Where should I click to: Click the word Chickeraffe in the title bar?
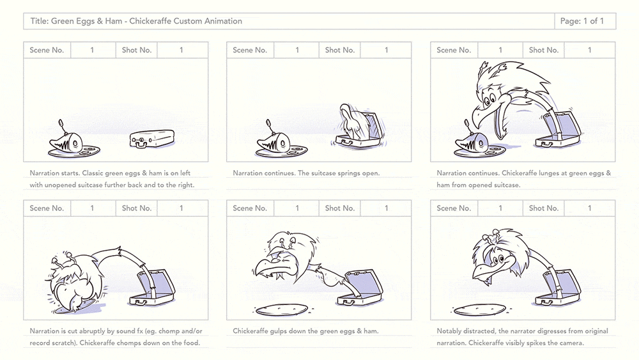(150, 21)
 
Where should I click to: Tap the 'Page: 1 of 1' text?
(582, 21)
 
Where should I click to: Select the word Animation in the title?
(222, 21)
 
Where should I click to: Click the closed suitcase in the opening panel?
(153, 139)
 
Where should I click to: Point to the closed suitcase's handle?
(139, 142)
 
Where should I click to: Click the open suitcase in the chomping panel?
(153, 288)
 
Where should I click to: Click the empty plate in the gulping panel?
(281, 310)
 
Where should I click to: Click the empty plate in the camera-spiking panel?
(480, 311)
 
